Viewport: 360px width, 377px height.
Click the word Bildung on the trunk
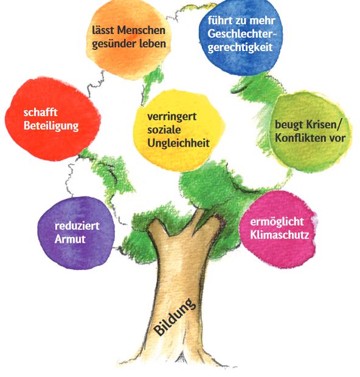175,317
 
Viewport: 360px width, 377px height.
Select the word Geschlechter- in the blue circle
242,34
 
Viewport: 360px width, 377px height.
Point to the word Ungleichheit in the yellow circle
178,144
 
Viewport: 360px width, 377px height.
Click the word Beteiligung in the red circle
51,126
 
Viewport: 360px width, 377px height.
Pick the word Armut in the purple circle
70,239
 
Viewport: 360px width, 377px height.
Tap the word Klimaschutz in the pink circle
280,235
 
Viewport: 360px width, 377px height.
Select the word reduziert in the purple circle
77,226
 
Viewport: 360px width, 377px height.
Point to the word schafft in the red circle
40,112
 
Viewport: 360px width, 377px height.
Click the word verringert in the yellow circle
172,117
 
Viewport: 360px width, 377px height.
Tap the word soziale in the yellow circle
164,130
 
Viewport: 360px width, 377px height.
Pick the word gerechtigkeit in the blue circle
240,47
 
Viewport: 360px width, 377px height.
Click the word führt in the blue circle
217,21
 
